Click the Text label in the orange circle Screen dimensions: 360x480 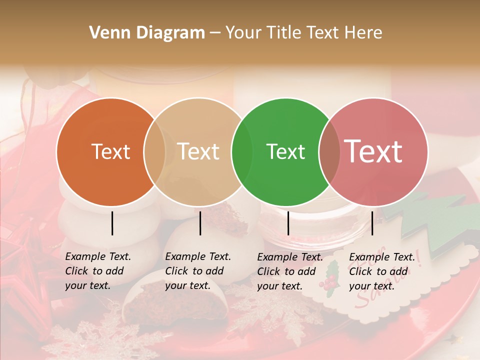(111, 152)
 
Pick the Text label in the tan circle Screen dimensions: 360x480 (198, 152)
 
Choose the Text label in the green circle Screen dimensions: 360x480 (286, 152)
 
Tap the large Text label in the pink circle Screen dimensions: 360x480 (373, 152)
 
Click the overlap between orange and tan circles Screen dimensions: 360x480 (154, 152)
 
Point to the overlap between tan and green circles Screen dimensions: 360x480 (242, 152)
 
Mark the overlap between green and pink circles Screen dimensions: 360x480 (329, 152)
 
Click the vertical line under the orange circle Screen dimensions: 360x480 (112, 223)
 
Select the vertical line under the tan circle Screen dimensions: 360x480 (200, 223)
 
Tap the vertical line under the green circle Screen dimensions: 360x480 (288, 223)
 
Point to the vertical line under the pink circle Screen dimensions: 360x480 (372, 223)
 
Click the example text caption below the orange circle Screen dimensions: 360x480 (97, 271)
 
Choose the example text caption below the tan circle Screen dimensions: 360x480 (197, 271)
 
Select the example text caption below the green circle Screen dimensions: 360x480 (289, 271)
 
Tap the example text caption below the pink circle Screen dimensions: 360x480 (381, 271)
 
